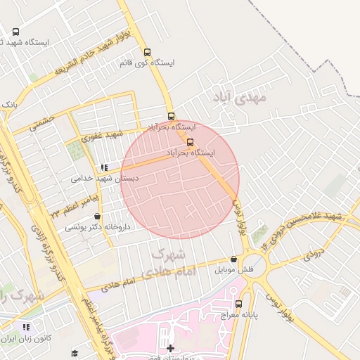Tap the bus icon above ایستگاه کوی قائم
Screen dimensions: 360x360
[147, 52]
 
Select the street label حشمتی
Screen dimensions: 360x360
[42, 121]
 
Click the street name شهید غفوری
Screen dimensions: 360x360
[102, 135]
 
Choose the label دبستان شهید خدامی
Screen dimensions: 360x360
[105, 179]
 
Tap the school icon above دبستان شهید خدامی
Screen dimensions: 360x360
[105, 168]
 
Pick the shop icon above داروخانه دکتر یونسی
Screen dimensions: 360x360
[97, 217]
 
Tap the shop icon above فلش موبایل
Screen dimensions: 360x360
[233, 259]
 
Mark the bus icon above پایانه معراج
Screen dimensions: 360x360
[239, 304]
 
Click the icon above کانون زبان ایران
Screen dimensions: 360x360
[27, 327]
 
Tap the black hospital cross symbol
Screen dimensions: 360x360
[170, 348]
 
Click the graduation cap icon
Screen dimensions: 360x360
[75, 353]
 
